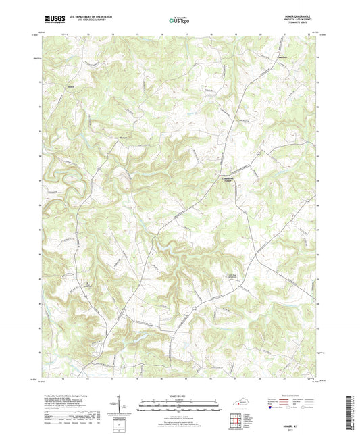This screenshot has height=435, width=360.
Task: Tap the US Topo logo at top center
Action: click(178, 22)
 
